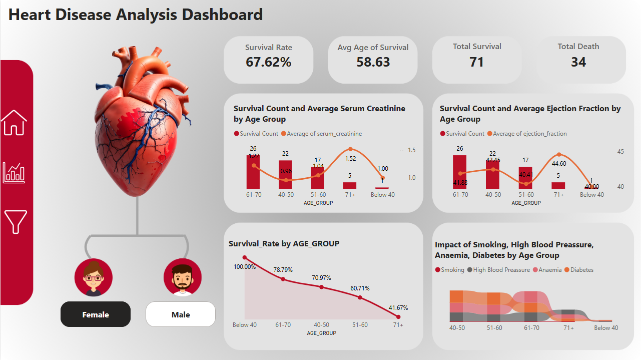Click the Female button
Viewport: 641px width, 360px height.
pyautogui.click(x=96, y=314)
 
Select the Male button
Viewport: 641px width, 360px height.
pyautogui.click(x=181, y=314)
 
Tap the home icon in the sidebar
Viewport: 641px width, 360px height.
pyautogui.click(x=14, y=123)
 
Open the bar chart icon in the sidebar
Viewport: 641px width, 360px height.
pyautogui.click(x=14, y=173)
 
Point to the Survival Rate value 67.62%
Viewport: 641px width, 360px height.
pyautogui.click(x=268, y=62)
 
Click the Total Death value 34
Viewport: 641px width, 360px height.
pyautogui.click(x=578, y=62)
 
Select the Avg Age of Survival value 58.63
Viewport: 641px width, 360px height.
pyautogui.click(x=373, y=62)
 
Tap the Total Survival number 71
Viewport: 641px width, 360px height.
pyautogui.click(x=476, y=62)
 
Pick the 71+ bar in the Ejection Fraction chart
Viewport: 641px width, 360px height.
pyautogui.click(x=558, y=185)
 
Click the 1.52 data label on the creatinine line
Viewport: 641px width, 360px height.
pyautogui.click(x=350, y=159)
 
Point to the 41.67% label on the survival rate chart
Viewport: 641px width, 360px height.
pyautogui.click(x=398, y=307)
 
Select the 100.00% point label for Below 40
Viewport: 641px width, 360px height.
pyautogui.click(x=245, y=267)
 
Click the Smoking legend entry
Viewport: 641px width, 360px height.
pyautogui.click(x=450, y=270)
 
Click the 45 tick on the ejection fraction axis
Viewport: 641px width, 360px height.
pyautogui.click(x=620, y=152)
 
